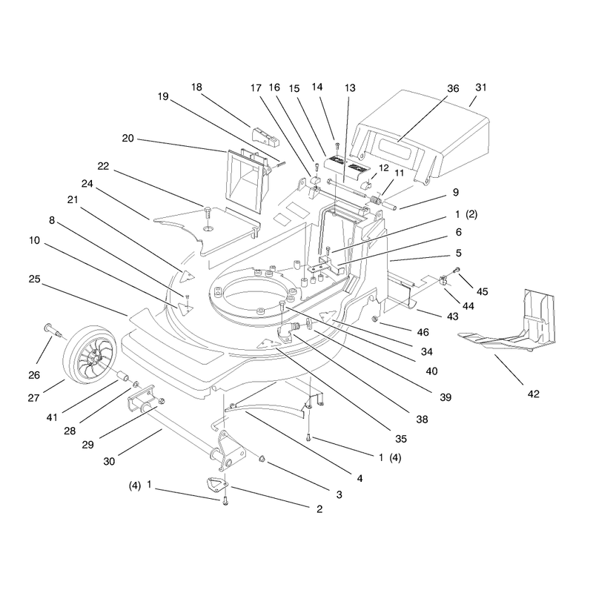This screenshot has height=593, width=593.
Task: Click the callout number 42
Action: pyautogui.click(x=533, y=394)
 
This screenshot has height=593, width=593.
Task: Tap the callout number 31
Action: pyautogui.click(x=480, y=87)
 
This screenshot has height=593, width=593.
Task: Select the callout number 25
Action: pyautogui.click(x=34, y=279)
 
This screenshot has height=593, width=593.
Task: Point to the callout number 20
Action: pyautogui.click(x=127, y=139)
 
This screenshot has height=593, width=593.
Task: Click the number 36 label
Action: pyautogui.click(x=453, y=88)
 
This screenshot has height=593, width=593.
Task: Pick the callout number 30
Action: pyautogui.click(x=109, y=461)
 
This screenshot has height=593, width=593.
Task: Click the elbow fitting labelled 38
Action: pyautogui.click(x=285, y=334)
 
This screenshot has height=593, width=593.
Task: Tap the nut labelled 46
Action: pyautogui.click(x=375, y=319)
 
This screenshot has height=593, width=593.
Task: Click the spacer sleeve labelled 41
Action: pyautogui.click(x=123, y=377)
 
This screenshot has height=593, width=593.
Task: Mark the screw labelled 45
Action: pyautogui.click(x=457, y=270)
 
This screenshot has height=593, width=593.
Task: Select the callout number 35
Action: pyautogui.click(x=401, y=439)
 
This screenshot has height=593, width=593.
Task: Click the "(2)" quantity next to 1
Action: pyautogui.click(x=471, y=214)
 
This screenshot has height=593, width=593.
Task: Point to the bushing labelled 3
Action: pyautogui.click(x=261, y=459)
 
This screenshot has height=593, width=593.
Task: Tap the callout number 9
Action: pyautogui.click(x=456, y=193)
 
